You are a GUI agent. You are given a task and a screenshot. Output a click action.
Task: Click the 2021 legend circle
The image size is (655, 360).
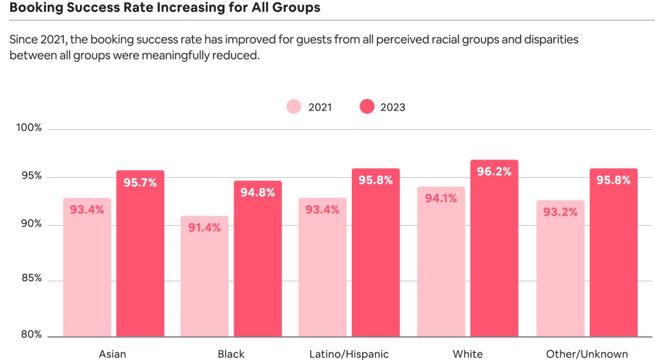(x=294, y=107)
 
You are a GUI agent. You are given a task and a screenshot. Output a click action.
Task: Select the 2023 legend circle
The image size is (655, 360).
(x=367, y=107)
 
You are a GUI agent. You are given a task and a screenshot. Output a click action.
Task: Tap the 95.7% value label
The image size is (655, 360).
(x=140, y=182)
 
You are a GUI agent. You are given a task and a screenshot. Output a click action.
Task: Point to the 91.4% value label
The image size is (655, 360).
(x=204, y=228)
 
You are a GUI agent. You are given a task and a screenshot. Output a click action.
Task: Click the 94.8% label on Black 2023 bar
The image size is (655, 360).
(x=258, y=192)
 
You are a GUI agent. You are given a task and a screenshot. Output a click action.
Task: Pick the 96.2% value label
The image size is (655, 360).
(x=494, y=171)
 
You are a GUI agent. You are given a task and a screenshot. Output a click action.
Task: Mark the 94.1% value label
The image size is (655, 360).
(x=441, y=198)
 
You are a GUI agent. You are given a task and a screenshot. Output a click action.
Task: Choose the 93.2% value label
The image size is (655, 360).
(x=560, y=212)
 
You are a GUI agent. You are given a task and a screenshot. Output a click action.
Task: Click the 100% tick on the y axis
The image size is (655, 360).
(x=29, y=128)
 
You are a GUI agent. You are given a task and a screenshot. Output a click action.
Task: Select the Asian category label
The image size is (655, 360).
(x=112, y=354)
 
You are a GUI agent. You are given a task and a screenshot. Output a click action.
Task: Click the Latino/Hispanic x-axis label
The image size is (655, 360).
(x=349, y=354)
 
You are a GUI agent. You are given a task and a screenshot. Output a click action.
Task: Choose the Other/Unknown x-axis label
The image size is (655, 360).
(x=587, y=354)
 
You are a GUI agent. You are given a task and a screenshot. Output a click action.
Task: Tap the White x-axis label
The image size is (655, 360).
(x=468, y=354)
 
